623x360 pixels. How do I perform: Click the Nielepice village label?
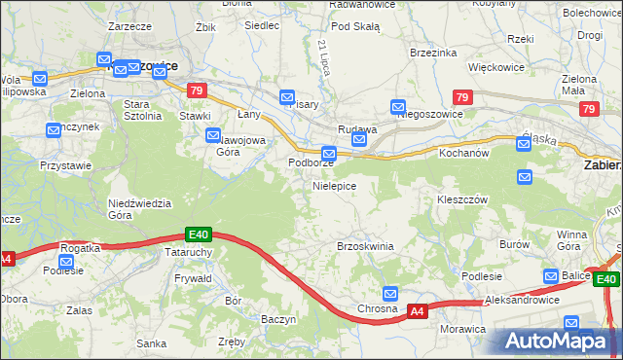click(x=334, y=185)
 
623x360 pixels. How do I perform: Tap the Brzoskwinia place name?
click(x=365, y=246)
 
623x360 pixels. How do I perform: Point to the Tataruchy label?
click(x=189, y=250)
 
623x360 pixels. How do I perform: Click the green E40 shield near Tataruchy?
click(x=199, y=234)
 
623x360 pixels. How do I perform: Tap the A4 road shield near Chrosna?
click(x=417, y=311)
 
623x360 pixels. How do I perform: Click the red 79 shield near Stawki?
click(x=198, y=90)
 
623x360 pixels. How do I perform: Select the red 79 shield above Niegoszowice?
click(x=463, y=97)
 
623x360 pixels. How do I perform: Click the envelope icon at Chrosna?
click(x=390, y=293)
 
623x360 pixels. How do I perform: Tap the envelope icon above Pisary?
click(x=287, y=97)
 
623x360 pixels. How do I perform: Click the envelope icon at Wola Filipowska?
click(x=40, y=78)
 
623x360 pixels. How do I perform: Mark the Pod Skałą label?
click(x=354, y=26)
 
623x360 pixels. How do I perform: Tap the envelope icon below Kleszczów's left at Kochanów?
click(x=525, y=177)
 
